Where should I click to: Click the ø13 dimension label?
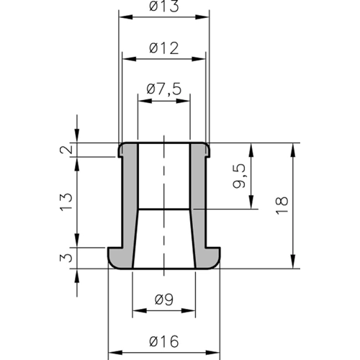point(164,6)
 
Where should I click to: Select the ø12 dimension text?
point(164,48)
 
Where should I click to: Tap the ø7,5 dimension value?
point(164,89)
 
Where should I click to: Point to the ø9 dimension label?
point(164,300)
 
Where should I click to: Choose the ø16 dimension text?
point(164,341)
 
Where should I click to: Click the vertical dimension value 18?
point(282,205)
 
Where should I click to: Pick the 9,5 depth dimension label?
point(240,176)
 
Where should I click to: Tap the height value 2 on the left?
point(66,149)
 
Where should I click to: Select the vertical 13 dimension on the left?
point(66,202)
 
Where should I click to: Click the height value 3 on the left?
point(66,258)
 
